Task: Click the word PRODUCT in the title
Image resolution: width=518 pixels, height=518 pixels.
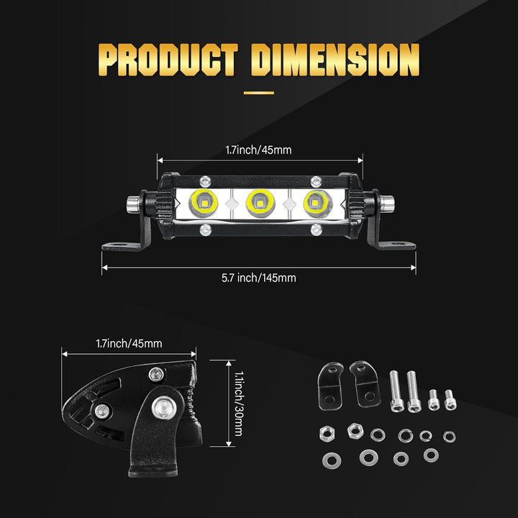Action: click(168, 60)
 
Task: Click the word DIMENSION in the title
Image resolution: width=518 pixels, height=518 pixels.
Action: click(335, 60)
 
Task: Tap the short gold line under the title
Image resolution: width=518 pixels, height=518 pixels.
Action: click(259, 93)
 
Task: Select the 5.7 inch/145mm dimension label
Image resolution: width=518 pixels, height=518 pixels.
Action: click(259, 278)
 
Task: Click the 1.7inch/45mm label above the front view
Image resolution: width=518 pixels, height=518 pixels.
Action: click(259, 150)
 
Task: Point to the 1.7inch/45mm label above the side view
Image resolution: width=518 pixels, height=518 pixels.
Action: click(129, 344)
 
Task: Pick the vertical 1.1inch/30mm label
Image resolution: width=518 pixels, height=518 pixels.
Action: click(239, 404)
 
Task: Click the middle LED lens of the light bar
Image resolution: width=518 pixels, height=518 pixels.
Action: click(260, 203)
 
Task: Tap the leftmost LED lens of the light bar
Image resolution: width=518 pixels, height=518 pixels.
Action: click(203, 202)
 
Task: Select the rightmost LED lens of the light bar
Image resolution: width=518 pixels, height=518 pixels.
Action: click(317, 202)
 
